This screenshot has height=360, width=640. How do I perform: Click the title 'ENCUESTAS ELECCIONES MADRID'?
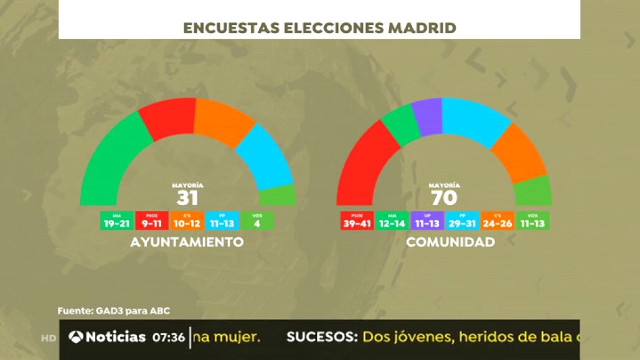(x=319, y=28)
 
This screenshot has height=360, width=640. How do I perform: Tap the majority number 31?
(x=187, y=198)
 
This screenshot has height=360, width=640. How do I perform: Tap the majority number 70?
(x=445, y=198)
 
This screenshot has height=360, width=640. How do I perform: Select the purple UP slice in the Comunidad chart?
(x=427, y=116)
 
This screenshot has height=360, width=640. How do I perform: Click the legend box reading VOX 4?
(x=257, y=220)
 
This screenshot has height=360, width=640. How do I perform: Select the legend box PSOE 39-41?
(x=357, y=220)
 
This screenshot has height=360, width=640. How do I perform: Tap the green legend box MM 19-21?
(x=117, y=220)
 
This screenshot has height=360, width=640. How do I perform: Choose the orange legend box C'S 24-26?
(x=497, y=220)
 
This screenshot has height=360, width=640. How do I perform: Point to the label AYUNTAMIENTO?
(x=187, y=242)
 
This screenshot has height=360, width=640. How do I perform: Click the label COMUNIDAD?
(x=450, y=242)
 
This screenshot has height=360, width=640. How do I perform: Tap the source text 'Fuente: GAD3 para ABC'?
(x=113, y=310)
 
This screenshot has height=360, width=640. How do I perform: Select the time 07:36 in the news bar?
(x=169, y=338)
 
